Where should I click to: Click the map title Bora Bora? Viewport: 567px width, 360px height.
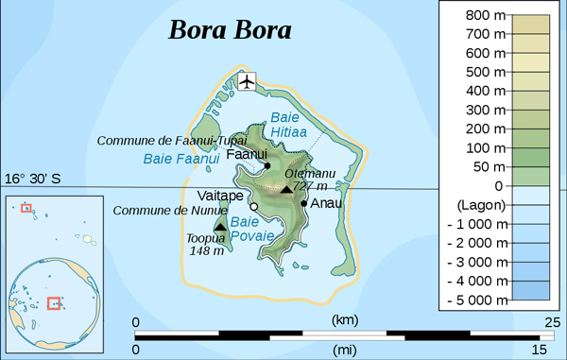pyautogui.click(x=230, y=29)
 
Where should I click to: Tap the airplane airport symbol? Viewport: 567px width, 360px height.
pyautogui.click(x=248, y=81)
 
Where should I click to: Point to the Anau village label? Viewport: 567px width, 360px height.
pyautogui.click(x=327, y=202)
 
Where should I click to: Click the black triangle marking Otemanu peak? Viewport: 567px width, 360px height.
pyautogui.click(x=287, y=190)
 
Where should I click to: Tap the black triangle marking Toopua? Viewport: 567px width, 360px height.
pyautogui.click(x=220, y=227)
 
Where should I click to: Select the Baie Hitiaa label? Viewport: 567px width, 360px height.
pyautogui.click(x=284, y=126)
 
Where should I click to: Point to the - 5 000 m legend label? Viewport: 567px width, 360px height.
pyautogui.click(x=476, y=300)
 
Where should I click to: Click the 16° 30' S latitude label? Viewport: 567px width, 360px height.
pyautogui.click(x=33, y=179)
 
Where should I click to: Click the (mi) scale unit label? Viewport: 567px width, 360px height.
pyautogui.click(x=346, y=350)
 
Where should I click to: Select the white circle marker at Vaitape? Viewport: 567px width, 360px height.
pyautogui.click(x=254, y=206)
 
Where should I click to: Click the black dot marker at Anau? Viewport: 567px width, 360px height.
pyautogui.click(x=303, y=202)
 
